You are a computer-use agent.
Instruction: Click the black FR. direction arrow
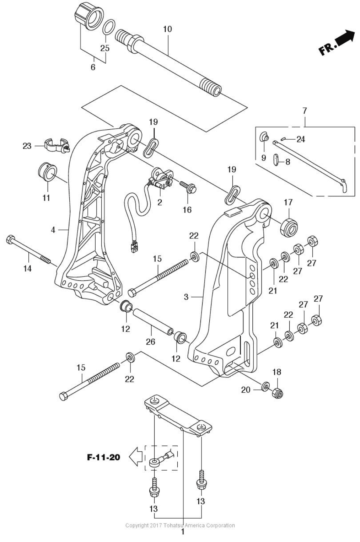[x=344, y=37]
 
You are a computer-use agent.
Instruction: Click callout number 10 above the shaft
[x=167, y=29]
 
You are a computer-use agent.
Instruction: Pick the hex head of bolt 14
[x=10, y=240]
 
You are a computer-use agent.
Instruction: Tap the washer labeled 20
[x=265, y=387]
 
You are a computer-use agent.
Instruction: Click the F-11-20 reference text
[x=103, y=457]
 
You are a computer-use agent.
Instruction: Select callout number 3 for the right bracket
[x=186, y=296]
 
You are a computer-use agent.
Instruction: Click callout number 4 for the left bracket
[x=53, y=230]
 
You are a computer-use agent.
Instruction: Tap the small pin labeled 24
[x=284, y=139]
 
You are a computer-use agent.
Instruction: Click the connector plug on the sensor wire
[x=134, y=247]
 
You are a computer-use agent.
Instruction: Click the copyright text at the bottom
[x=180, y=525]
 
